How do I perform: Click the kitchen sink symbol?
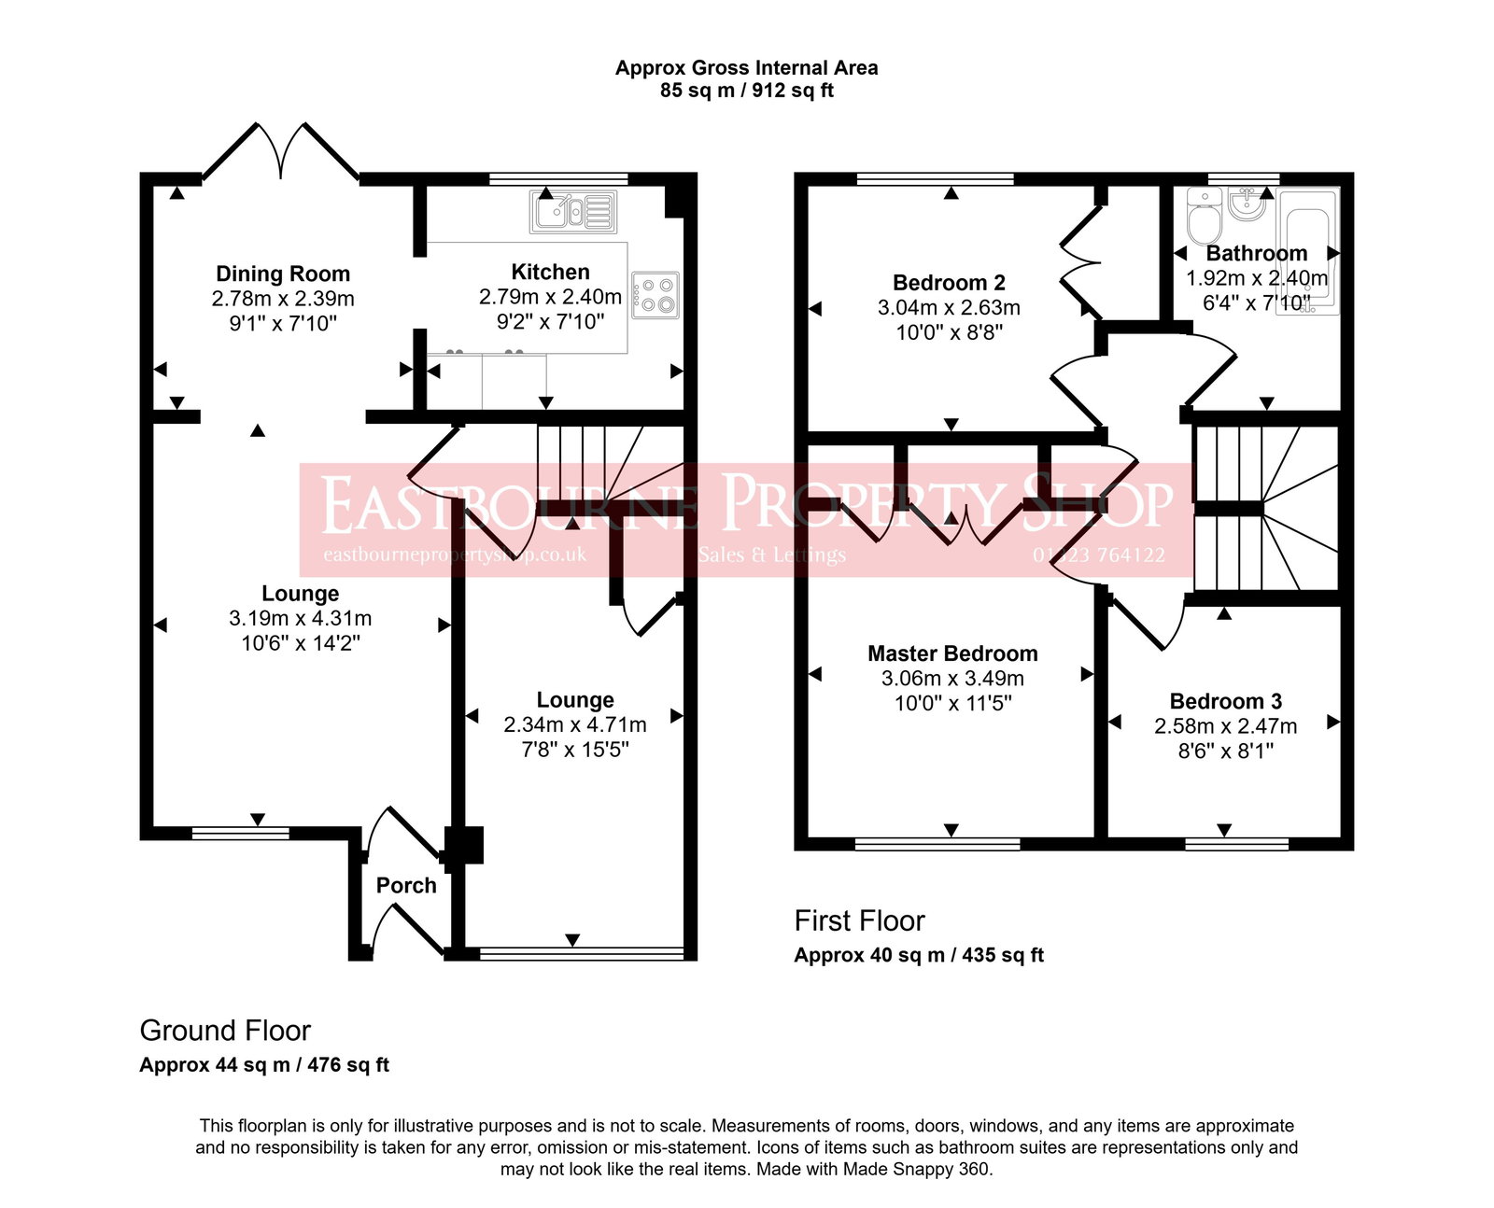pyautogui.click(x=573, y=211)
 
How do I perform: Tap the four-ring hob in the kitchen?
pyautogui.click(x=655, y=294)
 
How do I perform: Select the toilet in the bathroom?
pyautogui.click(x=1204, y=216)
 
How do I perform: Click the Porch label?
pyautogui.click(x=406, y=885)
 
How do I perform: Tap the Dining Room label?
pyautogui.click(x=283, y=274)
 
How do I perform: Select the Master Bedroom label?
pyautogui.click(x=952, y=653)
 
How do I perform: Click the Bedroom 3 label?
pyautogui.click(x=1225, y=701)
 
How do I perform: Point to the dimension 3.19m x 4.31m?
pyautogui.click(x=300, y=618)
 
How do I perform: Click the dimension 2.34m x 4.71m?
pyautogui.click(x=574, y=724)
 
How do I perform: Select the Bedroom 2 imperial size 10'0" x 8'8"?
pyautogui.click(x=949, y=331)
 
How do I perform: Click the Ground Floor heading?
pyautogui.click(x=225, y=1031)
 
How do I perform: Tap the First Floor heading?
pyautogui.click(x=859, y=921)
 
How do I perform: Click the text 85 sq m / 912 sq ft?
pyautogui.click(x=746, y=91)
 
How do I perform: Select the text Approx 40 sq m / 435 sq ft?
pyautogui.click(x=919, y=955)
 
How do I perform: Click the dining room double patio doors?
pyautogui.click(x=281, y=151)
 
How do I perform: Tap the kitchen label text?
pyautogui.click(x=550, y=272)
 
